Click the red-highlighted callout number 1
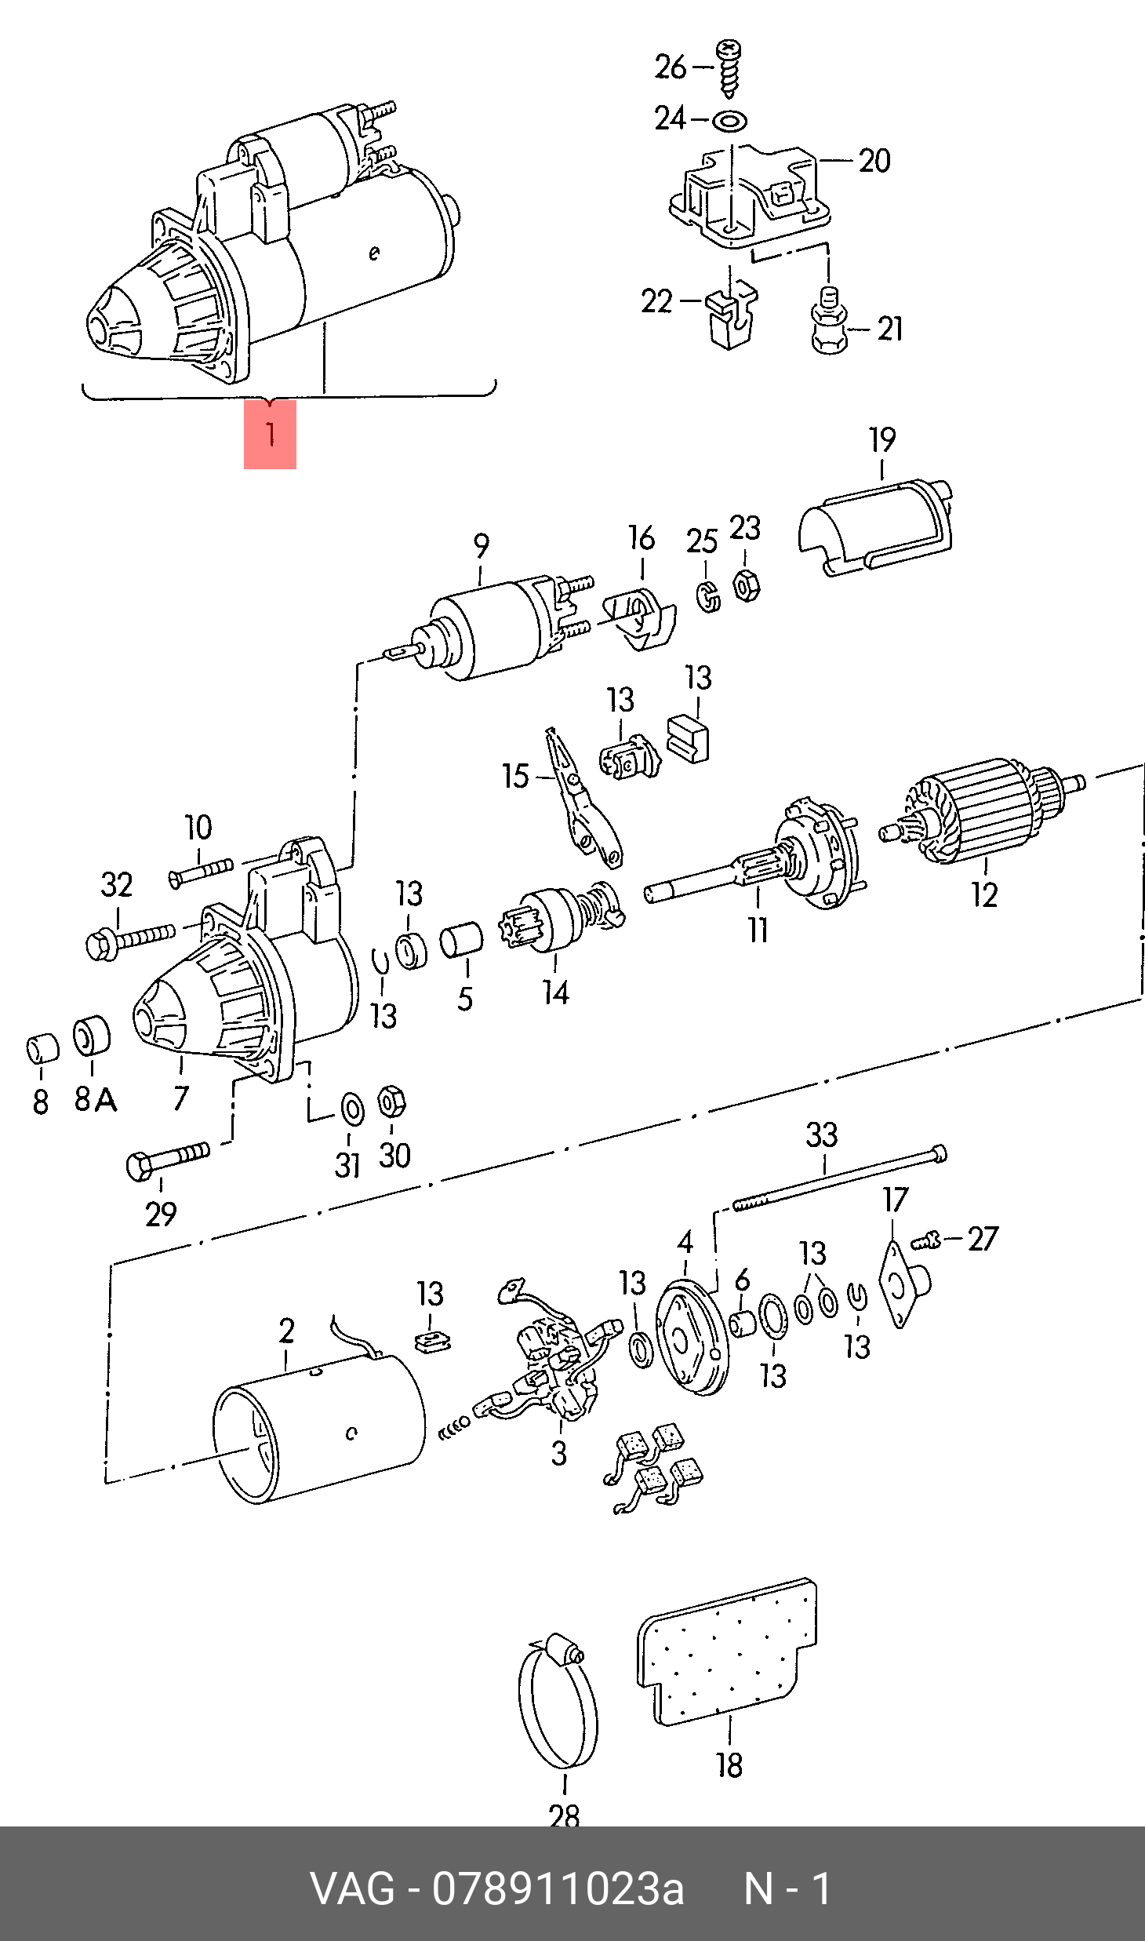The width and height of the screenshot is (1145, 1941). click(270, 434)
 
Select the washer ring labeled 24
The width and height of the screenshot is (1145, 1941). click(729, 121)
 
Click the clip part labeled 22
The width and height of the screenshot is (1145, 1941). click(729, 315)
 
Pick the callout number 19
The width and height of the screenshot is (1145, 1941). click(882, 440)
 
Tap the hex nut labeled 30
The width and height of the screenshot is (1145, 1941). click(391, 1102)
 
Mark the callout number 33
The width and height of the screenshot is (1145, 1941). click(822, 1134)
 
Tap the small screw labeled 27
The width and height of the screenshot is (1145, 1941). click(926, 1242)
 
